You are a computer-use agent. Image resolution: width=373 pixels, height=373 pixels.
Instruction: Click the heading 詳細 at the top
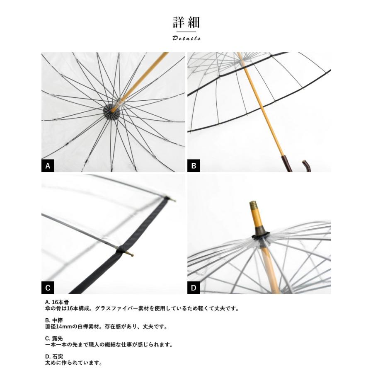coord(186,22)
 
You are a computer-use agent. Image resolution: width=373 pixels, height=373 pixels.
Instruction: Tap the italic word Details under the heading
coord(186,38)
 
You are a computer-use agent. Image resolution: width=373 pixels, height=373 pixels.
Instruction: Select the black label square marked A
coord(48,166)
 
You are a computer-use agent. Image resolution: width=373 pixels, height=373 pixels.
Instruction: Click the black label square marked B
coord(194,166)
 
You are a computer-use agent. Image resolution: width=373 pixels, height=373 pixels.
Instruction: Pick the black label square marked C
coord(48,288)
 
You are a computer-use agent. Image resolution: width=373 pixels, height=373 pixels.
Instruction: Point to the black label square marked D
coord(194,288)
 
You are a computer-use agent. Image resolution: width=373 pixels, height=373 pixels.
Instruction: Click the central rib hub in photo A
coord(111,111)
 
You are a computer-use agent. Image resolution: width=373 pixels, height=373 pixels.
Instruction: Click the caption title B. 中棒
coord(53,320)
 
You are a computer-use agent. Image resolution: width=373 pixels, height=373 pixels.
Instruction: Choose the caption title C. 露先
coord(53,338)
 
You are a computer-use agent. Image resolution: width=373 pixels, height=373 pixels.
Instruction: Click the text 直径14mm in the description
coord(58,327)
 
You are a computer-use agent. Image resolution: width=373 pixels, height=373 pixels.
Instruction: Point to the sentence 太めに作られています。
coord(73,363)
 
